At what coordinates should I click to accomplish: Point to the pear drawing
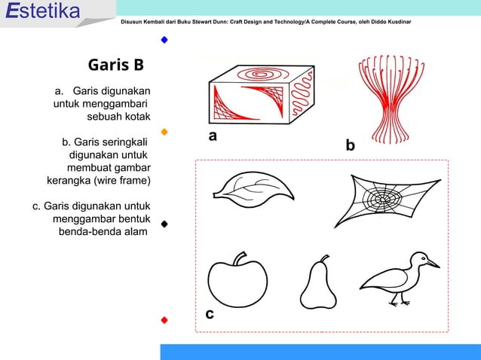[318, 285]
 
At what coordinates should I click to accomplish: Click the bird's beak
[433, 264]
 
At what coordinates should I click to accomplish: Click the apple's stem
[240, 258]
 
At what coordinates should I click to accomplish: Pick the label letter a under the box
[213, 136]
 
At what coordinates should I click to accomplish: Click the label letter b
[349, 145]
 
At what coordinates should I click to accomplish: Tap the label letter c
[210, 314]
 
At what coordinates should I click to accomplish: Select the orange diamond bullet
[164, 132]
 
